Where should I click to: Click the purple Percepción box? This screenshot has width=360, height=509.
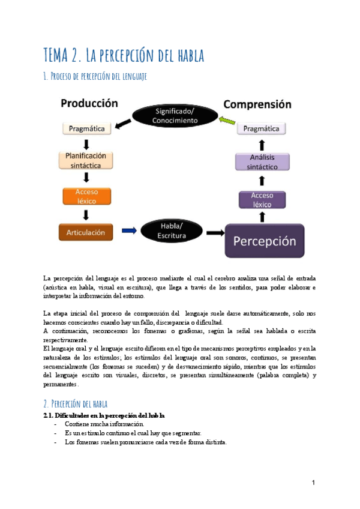(265, 241)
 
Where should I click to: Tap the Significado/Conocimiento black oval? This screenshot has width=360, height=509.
(175, 116)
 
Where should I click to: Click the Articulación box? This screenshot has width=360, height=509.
(86, 232)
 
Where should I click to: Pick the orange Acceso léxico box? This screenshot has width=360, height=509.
(86, 196)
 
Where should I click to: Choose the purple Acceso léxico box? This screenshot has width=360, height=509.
(262, 199)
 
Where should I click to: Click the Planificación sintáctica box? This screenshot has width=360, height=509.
(86, 160)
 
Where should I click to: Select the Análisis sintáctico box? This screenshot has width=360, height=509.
(262, 163)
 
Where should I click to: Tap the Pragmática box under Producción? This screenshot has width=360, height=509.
(86, 128)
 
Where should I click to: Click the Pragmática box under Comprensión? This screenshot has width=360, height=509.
(262, 128)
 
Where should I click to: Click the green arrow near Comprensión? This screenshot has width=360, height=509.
(226, 121)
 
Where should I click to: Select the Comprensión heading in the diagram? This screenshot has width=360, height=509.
(257, 104)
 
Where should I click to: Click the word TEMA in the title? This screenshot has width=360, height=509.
(58, 56)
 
